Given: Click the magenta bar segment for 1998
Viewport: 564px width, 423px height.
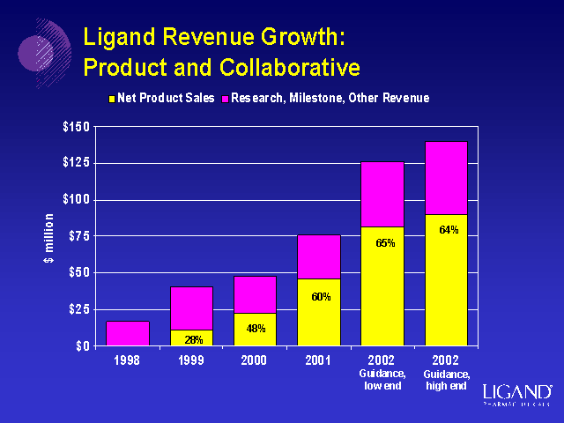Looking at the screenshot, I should (128, 333).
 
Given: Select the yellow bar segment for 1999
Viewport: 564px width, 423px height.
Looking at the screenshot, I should (191, 337).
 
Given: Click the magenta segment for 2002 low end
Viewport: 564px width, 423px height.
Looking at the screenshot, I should (382, 194).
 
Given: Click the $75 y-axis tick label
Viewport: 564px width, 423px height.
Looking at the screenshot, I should (78, 236).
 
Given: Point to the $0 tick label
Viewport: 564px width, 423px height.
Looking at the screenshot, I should (82, 345).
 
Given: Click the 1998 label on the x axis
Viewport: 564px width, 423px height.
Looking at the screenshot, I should (128, 361).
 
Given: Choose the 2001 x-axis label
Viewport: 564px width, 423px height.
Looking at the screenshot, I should (318, 361).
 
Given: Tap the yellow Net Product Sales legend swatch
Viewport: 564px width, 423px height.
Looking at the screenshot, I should (111, 99).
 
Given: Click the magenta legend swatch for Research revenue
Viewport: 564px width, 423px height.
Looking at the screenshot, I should (225, 99).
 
